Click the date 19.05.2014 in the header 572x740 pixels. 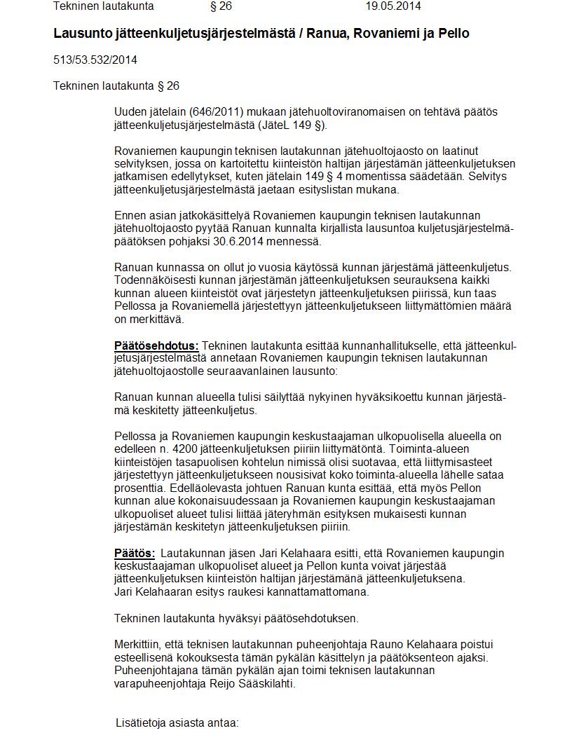coord(393,6)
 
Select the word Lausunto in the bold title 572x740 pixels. coord(81,33)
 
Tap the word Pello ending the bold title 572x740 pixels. coord(454,33)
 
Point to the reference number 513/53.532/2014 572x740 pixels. coord(95,60)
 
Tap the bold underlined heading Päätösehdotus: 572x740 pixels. coord(156,345)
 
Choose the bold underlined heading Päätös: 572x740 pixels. coord(134,553)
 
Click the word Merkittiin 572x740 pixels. coord(139,644)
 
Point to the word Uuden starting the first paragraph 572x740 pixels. coord(130,112)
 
